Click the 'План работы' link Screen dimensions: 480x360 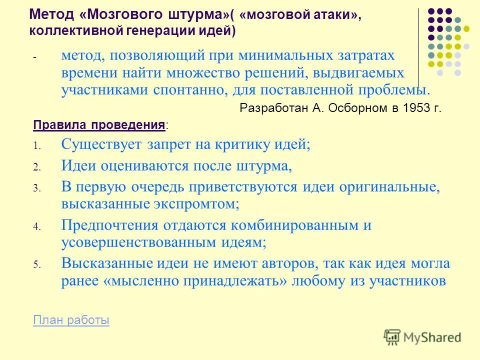71,320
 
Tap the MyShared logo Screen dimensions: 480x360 423,337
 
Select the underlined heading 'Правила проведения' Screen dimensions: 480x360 99,125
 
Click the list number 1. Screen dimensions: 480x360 36,146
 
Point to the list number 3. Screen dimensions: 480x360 36,188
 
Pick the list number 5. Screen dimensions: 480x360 36,264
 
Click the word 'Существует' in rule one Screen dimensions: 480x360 101,144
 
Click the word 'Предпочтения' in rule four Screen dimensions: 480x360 110,225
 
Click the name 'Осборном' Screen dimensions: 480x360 357,108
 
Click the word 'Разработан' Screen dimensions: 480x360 273,108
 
